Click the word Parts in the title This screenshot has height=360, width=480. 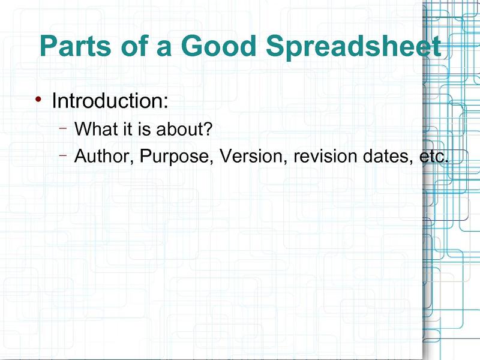pos(76,46)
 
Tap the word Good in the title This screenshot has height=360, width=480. pos(218,46)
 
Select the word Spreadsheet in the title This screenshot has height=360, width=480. pos(353,47)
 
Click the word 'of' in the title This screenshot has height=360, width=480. pos(134,46)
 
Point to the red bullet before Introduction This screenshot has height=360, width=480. pos(38,99)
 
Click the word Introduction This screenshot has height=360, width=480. pos(107,100)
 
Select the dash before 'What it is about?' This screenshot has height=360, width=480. pos(63,128)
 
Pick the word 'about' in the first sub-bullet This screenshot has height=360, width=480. pos(179,128)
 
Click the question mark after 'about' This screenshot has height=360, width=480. pos(207,128)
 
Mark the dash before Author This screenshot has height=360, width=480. pos(63,155)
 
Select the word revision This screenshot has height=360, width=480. pos(325,156)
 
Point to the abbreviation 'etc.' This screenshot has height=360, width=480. pos(434,157)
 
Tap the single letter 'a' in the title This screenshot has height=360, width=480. pos(164,49)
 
